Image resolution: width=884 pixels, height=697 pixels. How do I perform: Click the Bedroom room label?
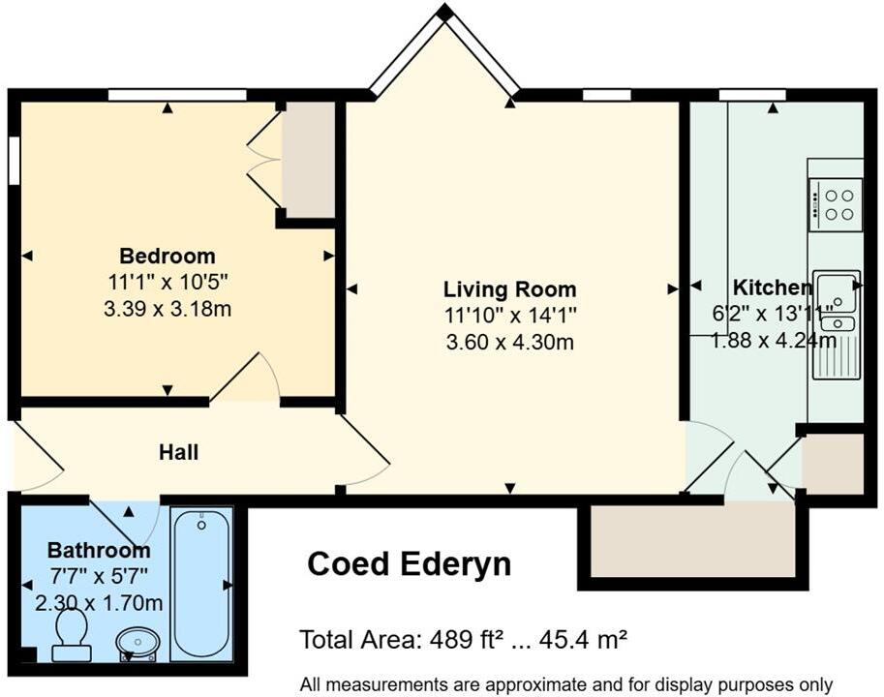tap(167, 257)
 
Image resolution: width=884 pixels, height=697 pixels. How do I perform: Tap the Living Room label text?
tap(509, 289)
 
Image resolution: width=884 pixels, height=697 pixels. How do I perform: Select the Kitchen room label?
tap(772, 288)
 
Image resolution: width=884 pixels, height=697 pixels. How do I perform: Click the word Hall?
tap(179, 452)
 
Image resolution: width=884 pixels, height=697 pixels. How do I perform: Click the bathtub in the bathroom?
tap(202, 583)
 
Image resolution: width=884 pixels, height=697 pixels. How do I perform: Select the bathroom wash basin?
tap(138, 643)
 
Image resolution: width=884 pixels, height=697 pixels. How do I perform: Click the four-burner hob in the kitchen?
tap(835, 204)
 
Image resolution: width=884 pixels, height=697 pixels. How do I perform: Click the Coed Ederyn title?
tap(409, 563)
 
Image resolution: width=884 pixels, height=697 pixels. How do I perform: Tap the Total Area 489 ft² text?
tap(463, 640)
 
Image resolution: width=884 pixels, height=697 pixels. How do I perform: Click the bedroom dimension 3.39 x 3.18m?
tap(167, 310)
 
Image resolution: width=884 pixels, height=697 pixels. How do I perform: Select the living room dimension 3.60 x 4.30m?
tap(509, 342)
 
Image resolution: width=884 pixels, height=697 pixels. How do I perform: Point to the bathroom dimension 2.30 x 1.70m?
tap(99, 603)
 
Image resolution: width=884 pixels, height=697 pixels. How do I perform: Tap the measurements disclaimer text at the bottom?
tap(565, 683)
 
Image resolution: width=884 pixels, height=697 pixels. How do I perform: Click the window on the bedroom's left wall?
tap(14, 160)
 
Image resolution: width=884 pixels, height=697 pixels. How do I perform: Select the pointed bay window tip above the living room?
tap(444, 13)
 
